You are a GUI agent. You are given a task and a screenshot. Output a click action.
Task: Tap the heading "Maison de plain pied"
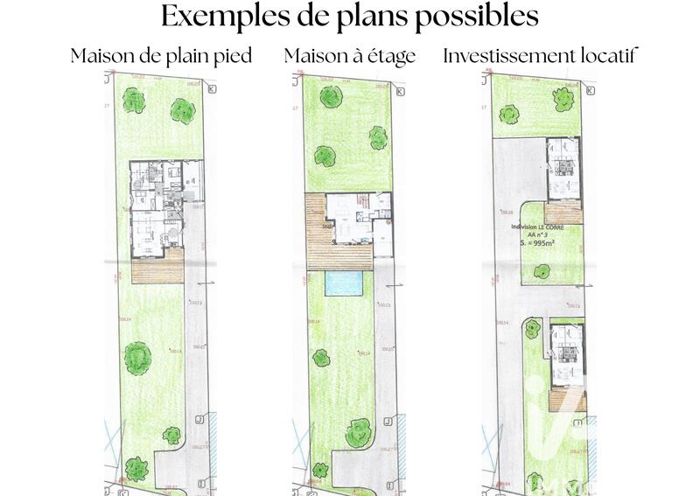point(161,56)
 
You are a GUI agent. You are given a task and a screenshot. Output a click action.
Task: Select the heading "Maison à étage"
point(349,56)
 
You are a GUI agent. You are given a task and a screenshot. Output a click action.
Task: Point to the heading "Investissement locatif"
point(540,56)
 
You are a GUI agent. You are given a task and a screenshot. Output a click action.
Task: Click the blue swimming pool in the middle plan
point(346,283)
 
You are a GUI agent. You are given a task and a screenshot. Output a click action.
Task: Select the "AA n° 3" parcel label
point(537,234)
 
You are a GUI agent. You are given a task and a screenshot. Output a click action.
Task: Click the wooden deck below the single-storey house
point(158,266)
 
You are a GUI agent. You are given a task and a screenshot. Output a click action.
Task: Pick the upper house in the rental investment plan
point(563,168)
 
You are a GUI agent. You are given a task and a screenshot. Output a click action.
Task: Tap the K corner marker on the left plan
point(211,88)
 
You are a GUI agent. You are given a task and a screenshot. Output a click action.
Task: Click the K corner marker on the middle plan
point(401,91)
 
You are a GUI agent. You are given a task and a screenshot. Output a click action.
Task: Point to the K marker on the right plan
point(591,90)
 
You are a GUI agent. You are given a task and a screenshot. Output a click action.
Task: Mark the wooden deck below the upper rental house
point(563,211)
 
